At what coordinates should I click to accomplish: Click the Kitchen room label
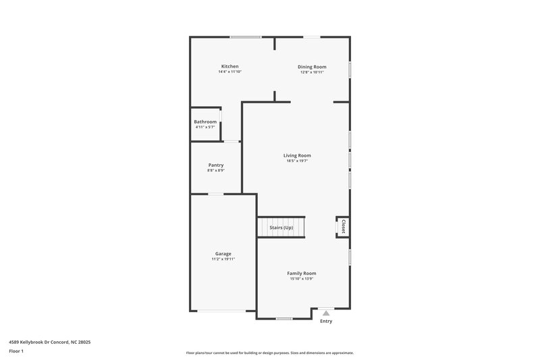pyautogui.click(x=230, y=66)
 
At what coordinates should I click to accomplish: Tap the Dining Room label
pyautogui.click(x=312, y=66)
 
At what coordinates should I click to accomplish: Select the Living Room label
pyautogui.click(x=297, y=155)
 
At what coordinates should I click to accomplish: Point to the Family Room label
pyautogui.click(x=302, y=273)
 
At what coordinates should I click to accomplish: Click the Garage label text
pyautogui.click(x=223, y=253)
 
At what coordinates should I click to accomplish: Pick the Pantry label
pyautogui.click(x=216, y=165)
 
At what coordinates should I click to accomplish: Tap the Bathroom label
pyautogui.click(x=205, y=122)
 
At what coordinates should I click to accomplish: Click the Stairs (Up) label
pyautogui.click(x=281, y=228)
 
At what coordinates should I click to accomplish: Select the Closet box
pyautogui.click(x=343, y=227)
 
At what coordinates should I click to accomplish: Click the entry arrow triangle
pyautogui.click(x=326, y=313)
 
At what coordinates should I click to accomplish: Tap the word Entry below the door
pyautogui.click(x=326, y=322)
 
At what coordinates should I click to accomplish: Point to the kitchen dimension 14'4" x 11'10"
pyautogui.click(x=230, y=72)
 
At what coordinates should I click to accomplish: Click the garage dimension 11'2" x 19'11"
pyautogui.click(x=223, y=259)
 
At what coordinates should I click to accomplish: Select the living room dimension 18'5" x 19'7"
pyautogui.click(x=297, y=161)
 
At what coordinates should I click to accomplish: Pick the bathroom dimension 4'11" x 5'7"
pyautogui.click(x=205, y=127)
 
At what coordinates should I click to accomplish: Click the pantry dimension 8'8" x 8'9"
pyautogui.click(x=216, y=170)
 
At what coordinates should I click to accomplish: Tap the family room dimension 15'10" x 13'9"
pyautogui.click(x=302, y=278)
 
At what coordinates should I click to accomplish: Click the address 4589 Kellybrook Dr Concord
pyautogui.click(x=50, y=342)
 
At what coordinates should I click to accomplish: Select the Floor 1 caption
pyautogui.click(x=17, y=352)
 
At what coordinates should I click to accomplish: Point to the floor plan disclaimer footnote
pyautogui.click(x=270, y=353)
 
